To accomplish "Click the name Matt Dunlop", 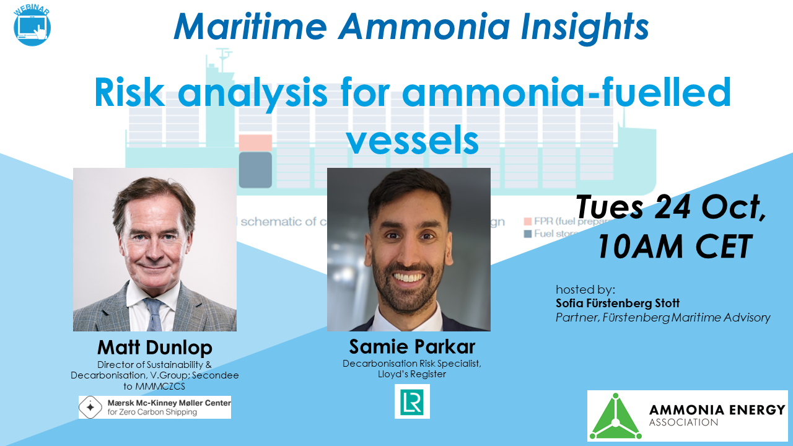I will [154, 347].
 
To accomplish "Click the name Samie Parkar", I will [412, 346].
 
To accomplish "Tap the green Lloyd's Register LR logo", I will [412, 401].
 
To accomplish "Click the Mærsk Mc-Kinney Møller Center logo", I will [154, 407].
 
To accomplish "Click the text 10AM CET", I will [674, 247].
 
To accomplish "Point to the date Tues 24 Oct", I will [672, 208].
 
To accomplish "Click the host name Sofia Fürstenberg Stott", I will [617, 304].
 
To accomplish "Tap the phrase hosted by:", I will [585, 289].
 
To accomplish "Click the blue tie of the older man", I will [152, 315].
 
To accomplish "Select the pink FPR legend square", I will [528, 221].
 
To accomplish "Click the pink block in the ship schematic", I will [255, 142].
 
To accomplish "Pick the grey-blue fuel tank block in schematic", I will [255, 170].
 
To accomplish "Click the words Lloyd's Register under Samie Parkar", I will [412, 374].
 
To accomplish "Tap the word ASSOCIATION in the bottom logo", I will [683, 423].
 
